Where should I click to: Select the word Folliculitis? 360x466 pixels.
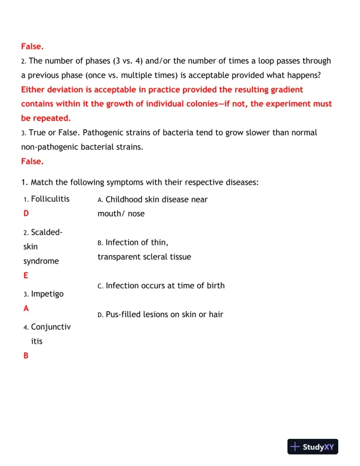pyautogui.click(x=50, y=199)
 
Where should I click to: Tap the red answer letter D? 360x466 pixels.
pyautogui.click(x=26, y=213)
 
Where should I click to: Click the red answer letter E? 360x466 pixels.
pyautogui.click(x=26, y=275)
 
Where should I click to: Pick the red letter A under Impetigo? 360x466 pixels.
pyautogui.click(x=26, y=308)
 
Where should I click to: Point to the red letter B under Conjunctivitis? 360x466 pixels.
pyautogui.click(x=26, y=355)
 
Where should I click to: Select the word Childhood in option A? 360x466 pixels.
pyautogui.click(x=125, y=199)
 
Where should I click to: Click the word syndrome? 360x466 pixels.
pyautogui.click(x=41, y=261)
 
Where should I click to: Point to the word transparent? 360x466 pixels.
pyautogui.click(x=119, y=257)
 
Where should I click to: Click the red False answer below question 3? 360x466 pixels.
pyautogui.click(x=32, y=161)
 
